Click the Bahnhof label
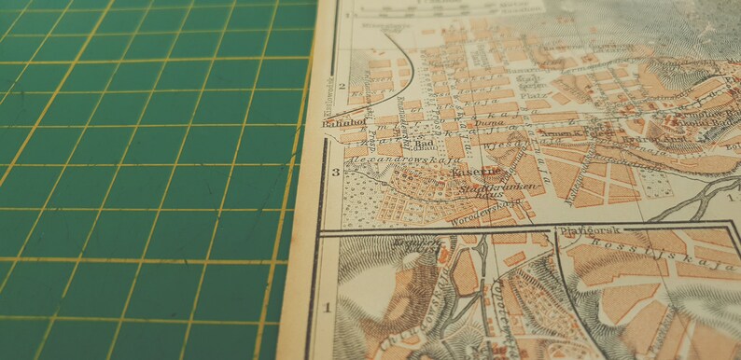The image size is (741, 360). [341, 119]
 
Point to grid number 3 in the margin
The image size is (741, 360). [335, 173]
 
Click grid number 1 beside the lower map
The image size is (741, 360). [328, 305]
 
